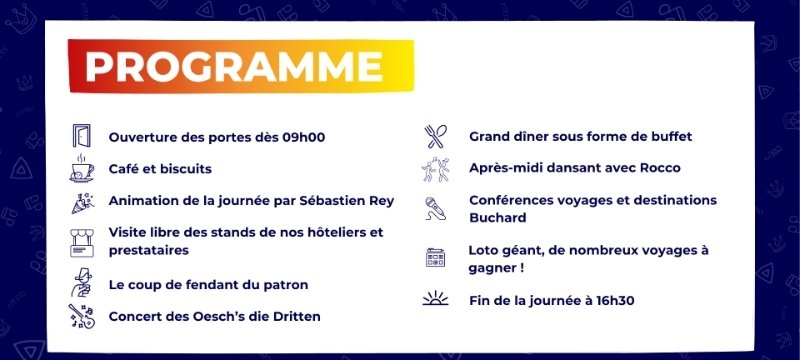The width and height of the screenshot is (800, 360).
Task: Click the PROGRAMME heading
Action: pos(234,66)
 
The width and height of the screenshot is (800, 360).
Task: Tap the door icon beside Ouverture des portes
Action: pos(81,136)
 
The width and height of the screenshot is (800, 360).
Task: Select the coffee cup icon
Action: pos(82,168)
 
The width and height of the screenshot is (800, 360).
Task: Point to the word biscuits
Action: pos(186,169)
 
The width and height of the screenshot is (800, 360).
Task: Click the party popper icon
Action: pos(82,202)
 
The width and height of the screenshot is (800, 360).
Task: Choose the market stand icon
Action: pos(82,243)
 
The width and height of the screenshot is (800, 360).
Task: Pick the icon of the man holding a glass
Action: pos(82,283)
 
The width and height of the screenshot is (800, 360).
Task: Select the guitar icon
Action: pos(82,316)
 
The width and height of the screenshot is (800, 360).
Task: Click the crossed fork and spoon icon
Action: pos(435,136)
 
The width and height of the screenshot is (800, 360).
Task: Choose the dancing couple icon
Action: pos(436,169)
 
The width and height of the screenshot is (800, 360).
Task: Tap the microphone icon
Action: pos(435,209)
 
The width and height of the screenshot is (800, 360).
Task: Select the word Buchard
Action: pos(497,218)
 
